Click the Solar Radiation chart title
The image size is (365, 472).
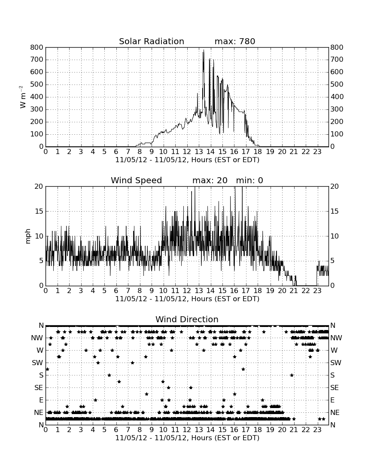coord(152,41)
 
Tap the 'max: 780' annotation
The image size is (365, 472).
coord(235,41)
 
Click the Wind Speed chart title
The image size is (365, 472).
coord(137,180)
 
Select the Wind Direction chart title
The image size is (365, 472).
coord(187,319)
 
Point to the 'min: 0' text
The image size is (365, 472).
coord(249,180)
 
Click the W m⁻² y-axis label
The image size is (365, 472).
coord(23,97)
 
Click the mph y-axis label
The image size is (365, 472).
coord(28,236)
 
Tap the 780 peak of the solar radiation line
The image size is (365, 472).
coord(204,50)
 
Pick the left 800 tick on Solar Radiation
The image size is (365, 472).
coord(37,47)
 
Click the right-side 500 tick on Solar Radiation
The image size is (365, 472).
coord(337,84)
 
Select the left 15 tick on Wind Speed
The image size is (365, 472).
coord(39,211)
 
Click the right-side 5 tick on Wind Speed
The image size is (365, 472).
coord(332,261)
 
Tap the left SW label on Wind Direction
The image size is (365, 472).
coord(37,363)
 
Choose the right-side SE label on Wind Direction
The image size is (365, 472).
coord(335,388)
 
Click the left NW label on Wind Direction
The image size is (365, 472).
coord(37,338)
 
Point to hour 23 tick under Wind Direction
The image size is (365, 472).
coord(317,429)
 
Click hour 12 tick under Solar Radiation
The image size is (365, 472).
coord(187,151)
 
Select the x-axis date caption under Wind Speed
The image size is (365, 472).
coord(187,299)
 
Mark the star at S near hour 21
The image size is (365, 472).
coord(292,375)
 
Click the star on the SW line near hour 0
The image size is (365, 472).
coord(47,369)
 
